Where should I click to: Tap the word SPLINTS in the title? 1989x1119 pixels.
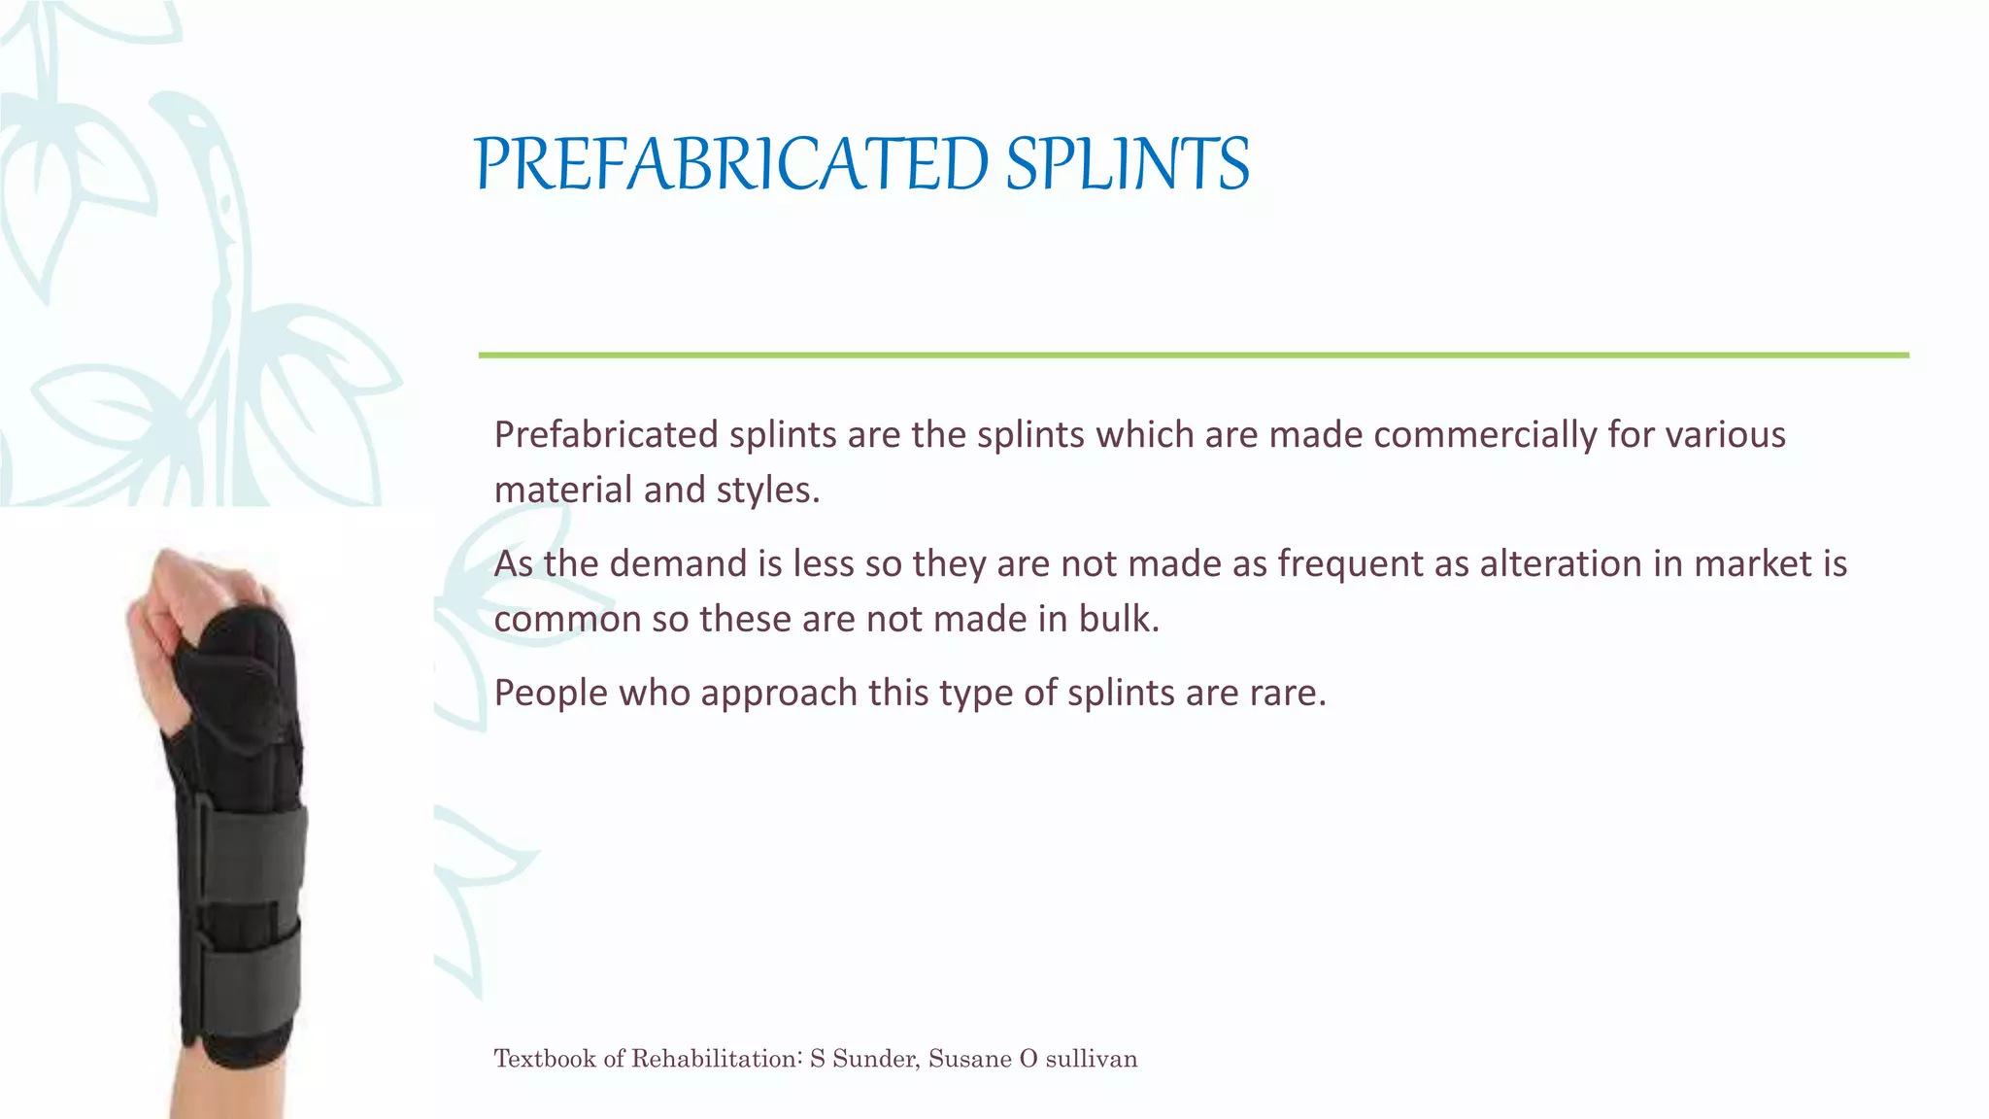click(x=1127, y=164)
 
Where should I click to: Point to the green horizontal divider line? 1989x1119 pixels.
click(x=1193, y=356)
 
